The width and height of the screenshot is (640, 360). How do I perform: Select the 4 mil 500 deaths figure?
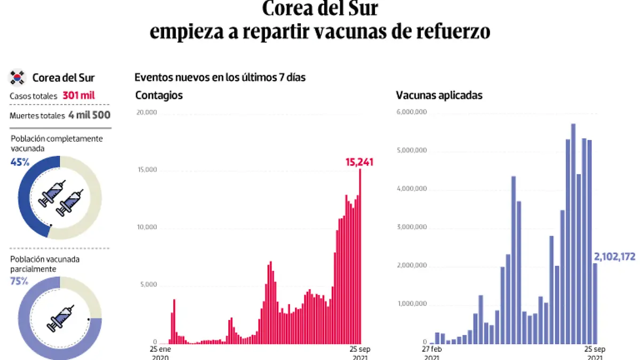pos(89,115)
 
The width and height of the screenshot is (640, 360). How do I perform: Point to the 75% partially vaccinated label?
pos(20,281)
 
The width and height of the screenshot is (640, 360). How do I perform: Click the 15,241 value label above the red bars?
pos(359,162)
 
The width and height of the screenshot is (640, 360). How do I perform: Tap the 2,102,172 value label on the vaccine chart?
pos(614,257)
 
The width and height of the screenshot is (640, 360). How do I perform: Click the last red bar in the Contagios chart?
pos(360,256)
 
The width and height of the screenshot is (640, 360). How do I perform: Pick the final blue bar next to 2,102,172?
pos(595,303)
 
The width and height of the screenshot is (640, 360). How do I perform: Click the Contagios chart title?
pos(159,95)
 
